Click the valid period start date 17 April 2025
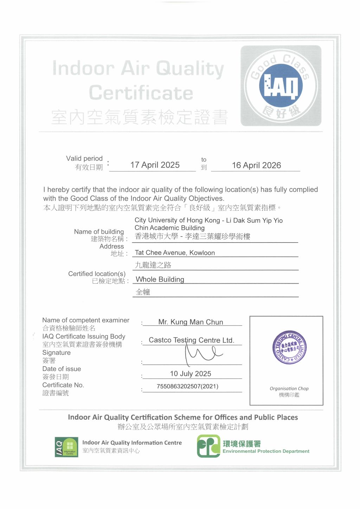pos(155,165)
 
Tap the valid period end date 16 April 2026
pos(256,165)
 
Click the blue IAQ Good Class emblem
pos(281,86)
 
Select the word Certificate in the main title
pos(141,93)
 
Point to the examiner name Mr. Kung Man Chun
pos(191,322)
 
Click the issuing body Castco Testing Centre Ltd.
pos(191,340)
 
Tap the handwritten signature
pos(202,353)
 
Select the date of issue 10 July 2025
pos(191,374)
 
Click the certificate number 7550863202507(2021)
pos(187,386)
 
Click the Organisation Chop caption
pos(289,388)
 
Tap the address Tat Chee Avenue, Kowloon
pos(175,253)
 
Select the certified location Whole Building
pos(160,279)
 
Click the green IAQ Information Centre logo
pos(66,447)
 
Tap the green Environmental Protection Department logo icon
pos(208,446)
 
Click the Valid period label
pos(84,159)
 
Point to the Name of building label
pos(99,232)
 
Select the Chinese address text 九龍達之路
pos(153,265)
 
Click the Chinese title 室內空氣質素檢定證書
pos(140,117)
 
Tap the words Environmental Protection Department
pos(266,451)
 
